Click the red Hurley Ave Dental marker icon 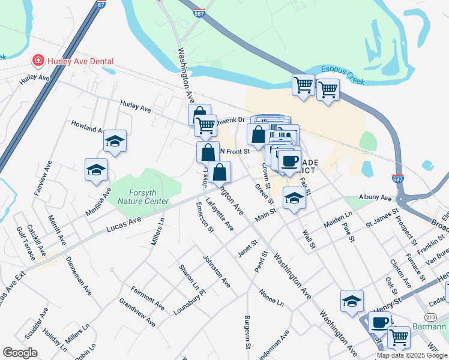click(x=38, y=61)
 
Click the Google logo click(x=20, y=353)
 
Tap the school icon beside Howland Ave click(x=115, y=142)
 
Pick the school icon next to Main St click(x=294, y=198)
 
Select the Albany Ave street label click(x=375, y=198)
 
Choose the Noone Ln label click(x=271, y=298)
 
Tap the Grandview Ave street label click(x=137, y=312)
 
